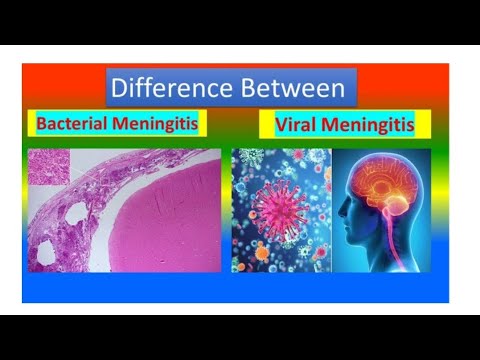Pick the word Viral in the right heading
coord(292,126)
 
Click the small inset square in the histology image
coord(49,167)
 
